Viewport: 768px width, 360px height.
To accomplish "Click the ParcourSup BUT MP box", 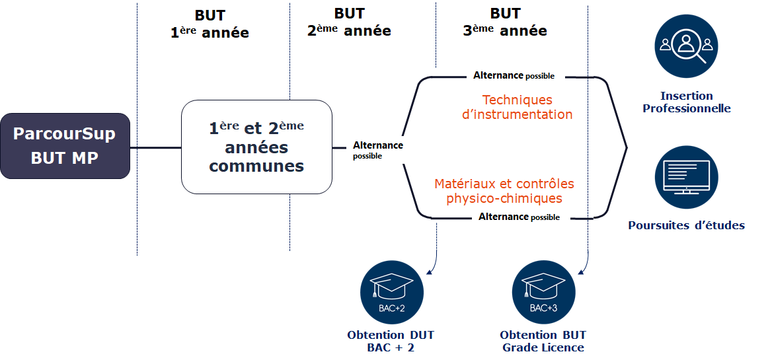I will [65, 146].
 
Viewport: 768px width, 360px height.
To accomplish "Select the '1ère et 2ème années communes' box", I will [256, 147].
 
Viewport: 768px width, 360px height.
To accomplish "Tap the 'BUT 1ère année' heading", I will [210, 24].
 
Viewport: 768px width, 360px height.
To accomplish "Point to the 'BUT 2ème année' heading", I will [349, 22].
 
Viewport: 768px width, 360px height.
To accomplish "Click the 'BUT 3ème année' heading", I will [505, 22].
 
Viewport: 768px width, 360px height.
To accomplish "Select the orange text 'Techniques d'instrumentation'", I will [518, 107].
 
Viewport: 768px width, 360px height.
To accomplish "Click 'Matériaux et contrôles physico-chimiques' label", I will [504, 191].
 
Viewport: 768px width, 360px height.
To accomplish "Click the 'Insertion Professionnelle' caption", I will [687, 102].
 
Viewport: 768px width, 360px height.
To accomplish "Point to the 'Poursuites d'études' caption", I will [686, 225].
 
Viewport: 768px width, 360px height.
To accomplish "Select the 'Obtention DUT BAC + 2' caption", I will [391, 341].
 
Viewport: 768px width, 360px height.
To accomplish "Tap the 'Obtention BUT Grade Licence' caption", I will [543, 341].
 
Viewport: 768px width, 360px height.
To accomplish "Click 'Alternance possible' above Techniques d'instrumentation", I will [514, 76].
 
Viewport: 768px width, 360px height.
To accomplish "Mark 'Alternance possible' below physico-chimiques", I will [519, 217].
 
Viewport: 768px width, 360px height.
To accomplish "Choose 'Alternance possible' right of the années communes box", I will [377, 150].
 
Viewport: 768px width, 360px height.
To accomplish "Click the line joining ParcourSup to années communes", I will [155, 147].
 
